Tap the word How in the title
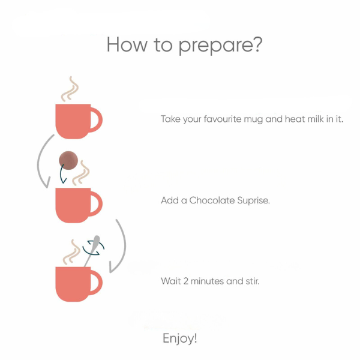127,44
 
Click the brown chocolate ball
68,160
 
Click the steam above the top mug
70,89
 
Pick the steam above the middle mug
81,173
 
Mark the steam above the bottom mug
71,252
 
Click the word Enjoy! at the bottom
180,338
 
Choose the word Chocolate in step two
212,200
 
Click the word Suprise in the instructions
253,200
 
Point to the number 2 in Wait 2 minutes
186,281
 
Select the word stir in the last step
253,281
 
